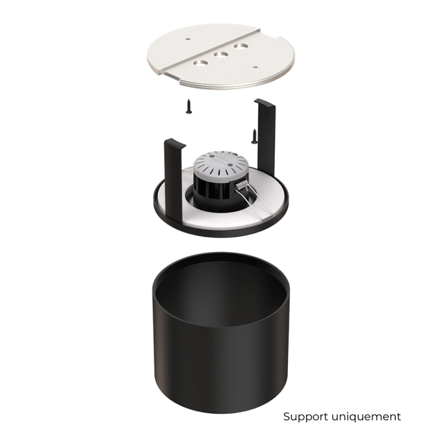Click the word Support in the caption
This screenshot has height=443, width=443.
(x=305, y=417)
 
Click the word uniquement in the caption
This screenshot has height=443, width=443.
(x=365, y=417)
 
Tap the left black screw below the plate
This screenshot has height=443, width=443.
(x=188, y=106)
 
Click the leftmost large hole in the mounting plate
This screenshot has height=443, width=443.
(x=202, y=62)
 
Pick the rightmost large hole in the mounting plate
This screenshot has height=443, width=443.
(x=241, y=46)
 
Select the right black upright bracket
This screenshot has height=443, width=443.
(x=266, y=132)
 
